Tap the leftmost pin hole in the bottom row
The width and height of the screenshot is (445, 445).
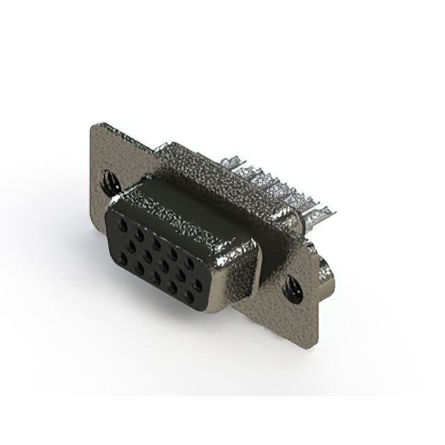point(123,260)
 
